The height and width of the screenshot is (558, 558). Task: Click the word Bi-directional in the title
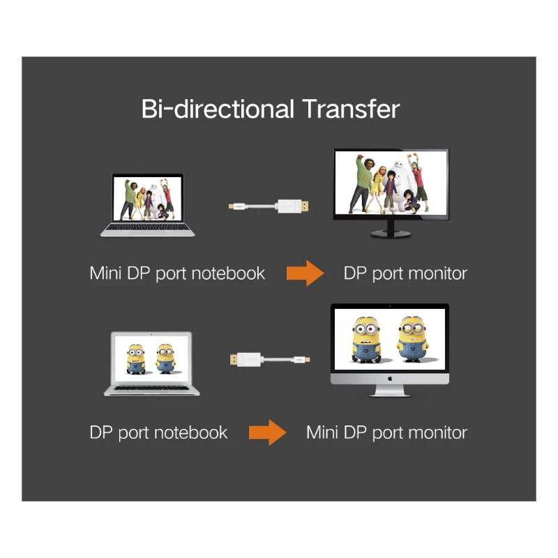pyautogui.click(x=218, y=110)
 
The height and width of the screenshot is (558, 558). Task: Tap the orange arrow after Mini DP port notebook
pyautogui.click(x=305, y=273)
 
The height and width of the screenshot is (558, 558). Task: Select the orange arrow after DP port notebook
pyautogui.click(x=267, y=432)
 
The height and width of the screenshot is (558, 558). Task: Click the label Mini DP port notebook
pyautogui.click(x=177, y=273)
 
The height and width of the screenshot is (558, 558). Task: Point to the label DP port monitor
pyautogui.click(x=405, y=273)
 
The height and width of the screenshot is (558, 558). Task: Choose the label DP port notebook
pyautogui.click(x=158, y=432)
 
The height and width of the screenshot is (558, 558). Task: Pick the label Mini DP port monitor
pyautogui.click(x=386, y=432)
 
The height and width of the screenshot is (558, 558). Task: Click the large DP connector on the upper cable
pyautogui.click(x=294, y=206)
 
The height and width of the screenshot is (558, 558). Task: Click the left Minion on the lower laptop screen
pyautogui.click(x=135, y=359)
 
